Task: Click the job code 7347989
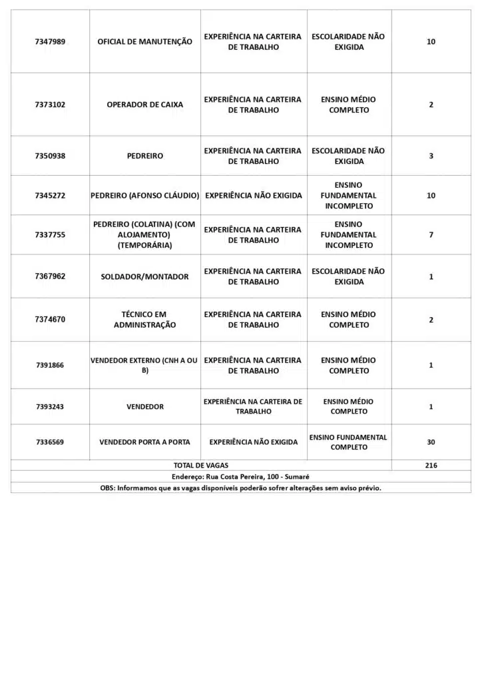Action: pos(50,42)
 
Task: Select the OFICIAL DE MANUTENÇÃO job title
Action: pos(144,42)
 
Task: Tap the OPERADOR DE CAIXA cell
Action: pos(144,105)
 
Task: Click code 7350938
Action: pos(50,156)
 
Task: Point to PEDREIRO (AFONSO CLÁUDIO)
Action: pos(144,196)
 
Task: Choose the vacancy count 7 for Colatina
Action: pos(431,235)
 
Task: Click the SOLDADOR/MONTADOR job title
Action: pos(144,276)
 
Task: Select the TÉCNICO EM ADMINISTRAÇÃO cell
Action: pos(144,320)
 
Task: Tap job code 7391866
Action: pos(50,365)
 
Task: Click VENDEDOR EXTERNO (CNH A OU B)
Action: pos(144,365)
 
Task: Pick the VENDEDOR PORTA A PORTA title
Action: pos(144,442)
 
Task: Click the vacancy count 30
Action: pos(431,442)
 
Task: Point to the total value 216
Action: pos(431,466)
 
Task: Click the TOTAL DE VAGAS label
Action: pos(200,466)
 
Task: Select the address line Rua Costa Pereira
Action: pos(240,477)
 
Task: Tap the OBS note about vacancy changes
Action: pos(240,488)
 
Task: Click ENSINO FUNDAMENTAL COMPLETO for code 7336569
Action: pos(349,442)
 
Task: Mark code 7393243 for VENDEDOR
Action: pos(50,407)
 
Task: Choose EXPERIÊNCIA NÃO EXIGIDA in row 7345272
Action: pos(253,196)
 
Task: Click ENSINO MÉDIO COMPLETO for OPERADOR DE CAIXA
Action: pos(349,105)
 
